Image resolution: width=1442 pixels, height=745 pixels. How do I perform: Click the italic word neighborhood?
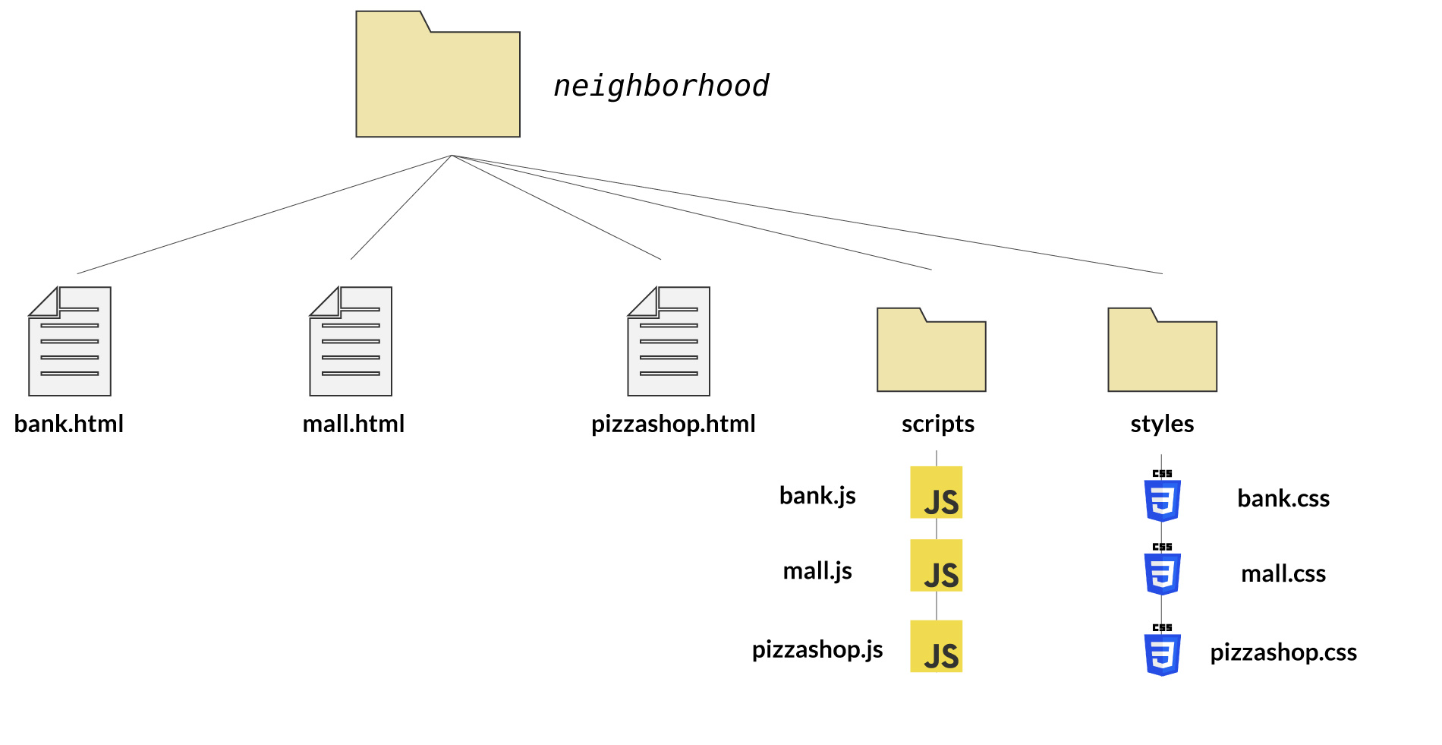pos(661,86)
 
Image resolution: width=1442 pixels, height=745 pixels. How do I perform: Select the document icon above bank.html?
pos(70,342)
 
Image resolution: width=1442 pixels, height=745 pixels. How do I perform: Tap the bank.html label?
pos(69,424)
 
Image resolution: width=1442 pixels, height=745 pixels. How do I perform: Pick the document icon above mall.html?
pos(351,342)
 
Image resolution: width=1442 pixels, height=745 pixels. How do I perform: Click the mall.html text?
pos(354,424)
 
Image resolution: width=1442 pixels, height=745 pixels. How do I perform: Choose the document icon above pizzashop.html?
pos(669,342)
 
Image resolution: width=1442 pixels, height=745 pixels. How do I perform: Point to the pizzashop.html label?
pos(673,424)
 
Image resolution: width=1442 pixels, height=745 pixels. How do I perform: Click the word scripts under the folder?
pos(938,424)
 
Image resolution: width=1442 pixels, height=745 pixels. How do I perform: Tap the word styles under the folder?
pos(1162,424)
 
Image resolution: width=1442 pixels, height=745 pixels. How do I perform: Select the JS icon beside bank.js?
pos(937,493)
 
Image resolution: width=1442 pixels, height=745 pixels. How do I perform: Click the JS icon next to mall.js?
pos(937,566)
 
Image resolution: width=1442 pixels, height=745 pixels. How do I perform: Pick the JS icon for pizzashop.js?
pos(937,646)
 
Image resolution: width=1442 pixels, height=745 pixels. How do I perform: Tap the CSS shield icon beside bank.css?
pos(1162,497)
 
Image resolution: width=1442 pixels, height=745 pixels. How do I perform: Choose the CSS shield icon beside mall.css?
pos(1162,571)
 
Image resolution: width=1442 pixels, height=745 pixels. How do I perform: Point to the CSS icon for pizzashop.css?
pos(1162,652)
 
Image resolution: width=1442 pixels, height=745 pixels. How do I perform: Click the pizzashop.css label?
pos(1283,652)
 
